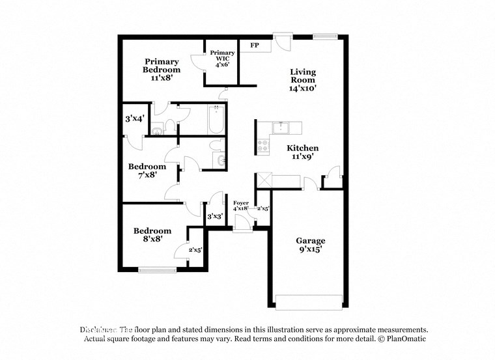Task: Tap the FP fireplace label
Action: (x=255, y=46)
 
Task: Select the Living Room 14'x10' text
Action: (x=303, y=80)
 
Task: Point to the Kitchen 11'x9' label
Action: (x=303, y=152)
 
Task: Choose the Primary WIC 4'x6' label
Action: (x=222, y=59)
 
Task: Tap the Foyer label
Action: (x=241, y=205)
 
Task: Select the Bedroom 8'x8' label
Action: (x=152, y=234)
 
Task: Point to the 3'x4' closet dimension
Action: (x=134, y=119)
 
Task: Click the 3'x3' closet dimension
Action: (x=215, y=216)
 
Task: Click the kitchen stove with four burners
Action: (x=264, y=146)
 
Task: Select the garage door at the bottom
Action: (x=308, y=301)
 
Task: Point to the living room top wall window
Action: (x=324, y=35)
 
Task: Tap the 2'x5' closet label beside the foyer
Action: (x=264, y=209)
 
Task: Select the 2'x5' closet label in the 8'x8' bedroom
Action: (x=195, y=249)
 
